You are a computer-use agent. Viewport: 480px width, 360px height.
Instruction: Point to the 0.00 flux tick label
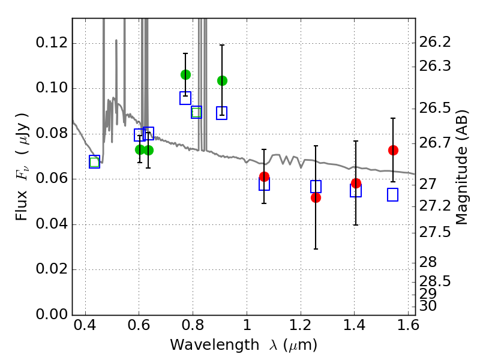point(52,314)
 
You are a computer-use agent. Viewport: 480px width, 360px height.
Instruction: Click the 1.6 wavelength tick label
point(407,328)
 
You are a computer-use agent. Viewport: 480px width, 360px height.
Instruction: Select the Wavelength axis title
point(243,345)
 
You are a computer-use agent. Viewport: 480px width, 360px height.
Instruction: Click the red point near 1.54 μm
point(393,150)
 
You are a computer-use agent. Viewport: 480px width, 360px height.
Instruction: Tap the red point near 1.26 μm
point(316,197)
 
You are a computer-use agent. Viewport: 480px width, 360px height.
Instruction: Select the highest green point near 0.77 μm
point(185,74)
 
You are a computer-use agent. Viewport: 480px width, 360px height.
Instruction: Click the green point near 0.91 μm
point(222,80)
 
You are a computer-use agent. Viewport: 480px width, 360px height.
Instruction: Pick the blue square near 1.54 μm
point(393,195)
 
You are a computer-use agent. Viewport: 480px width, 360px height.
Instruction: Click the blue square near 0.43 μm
point(94,161)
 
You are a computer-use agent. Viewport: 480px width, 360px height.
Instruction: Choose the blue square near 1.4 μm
point(356,191)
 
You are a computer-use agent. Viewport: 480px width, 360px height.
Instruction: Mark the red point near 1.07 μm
point(264,176)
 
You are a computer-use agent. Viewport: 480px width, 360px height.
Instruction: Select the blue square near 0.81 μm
point(196,112)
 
